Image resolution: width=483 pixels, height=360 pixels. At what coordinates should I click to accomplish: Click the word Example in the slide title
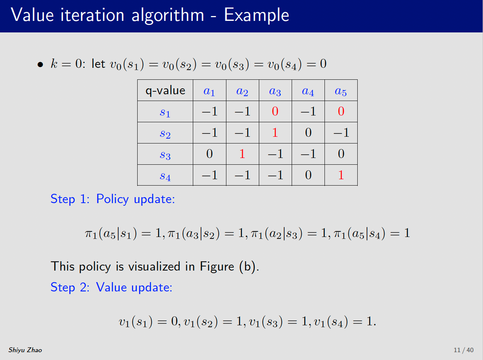tap(256, 15)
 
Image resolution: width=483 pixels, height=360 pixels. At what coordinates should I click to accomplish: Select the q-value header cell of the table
tap(165, 91)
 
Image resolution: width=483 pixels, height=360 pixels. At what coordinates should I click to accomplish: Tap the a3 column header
tap(275, 91)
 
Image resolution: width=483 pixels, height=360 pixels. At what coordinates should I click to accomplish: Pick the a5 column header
tap(341, 91)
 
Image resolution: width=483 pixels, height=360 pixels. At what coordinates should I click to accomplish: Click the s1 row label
tap(165, 113)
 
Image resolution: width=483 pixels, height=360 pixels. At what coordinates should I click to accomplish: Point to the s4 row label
tap(165, 177)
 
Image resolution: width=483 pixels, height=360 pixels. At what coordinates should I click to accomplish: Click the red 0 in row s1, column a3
tap(275, 111)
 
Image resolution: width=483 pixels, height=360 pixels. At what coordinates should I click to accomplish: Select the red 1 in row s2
tap(275, 133)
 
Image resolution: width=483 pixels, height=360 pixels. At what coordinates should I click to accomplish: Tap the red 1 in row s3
tap(242, 154)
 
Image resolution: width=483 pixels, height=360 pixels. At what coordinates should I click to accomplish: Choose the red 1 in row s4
tap(341, 175)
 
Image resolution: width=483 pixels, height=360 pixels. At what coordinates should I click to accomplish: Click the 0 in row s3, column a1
tap(210, 154)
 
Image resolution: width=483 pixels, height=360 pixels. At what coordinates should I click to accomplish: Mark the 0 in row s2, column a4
tap(308, 133)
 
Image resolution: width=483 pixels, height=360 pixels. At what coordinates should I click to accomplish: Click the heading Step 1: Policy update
tap(113, 199)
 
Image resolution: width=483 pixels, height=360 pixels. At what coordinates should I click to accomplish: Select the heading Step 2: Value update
tap(112, 287)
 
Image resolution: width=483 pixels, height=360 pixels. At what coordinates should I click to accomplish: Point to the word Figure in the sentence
tap(217, 266)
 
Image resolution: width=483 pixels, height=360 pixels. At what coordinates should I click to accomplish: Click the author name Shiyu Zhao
tap(25, 350)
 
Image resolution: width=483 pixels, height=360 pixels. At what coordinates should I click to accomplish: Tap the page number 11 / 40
tap(463, 350)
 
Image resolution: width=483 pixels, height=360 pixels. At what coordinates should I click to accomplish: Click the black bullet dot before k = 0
tap(40, 64)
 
